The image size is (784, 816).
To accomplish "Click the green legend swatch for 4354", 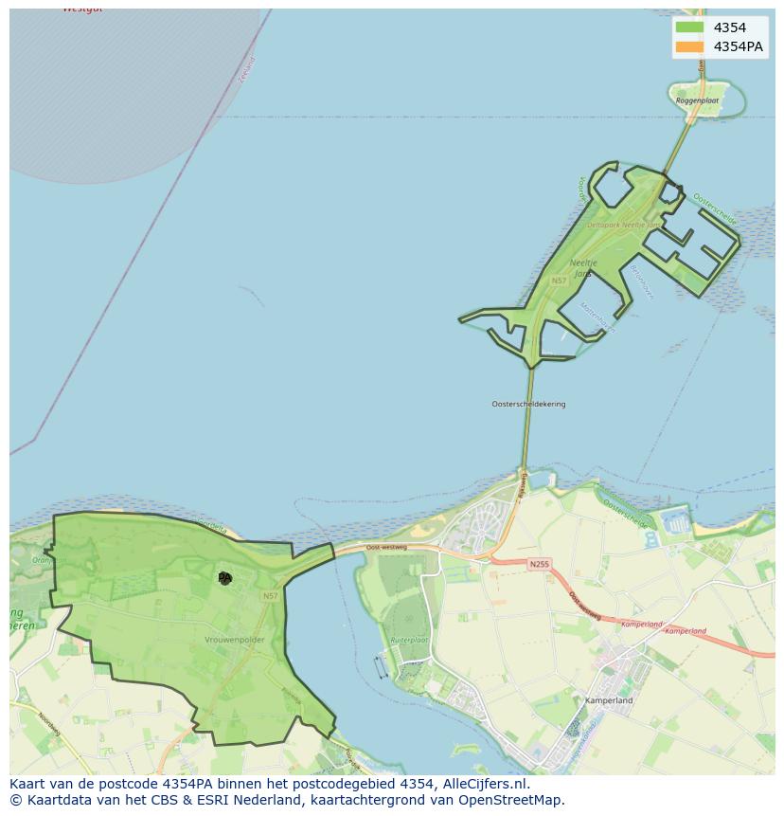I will click(689, 27).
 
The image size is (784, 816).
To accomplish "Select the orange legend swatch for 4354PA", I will click(689, 46).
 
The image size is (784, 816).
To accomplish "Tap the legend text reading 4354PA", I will click(739, 46).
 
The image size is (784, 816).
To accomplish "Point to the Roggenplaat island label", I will click(697, 100).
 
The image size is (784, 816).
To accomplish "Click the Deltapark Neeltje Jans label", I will click(622, 225).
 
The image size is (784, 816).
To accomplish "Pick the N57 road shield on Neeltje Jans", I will click(559, 281).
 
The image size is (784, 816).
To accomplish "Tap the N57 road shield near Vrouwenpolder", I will click(271, 595).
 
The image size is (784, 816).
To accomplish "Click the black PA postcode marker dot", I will click(224, 577).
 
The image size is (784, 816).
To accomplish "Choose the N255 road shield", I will click(538, 564).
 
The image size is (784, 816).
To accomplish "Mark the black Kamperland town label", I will click(609, 700).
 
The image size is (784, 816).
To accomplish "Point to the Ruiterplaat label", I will click(409, 641).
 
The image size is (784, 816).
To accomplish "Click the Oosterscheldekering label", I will click(528, 404).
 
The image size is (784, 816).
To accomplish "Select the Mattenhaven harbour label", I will click(597, 317).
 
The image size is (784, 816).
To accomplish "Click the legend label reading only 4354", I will click(729, 27).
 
